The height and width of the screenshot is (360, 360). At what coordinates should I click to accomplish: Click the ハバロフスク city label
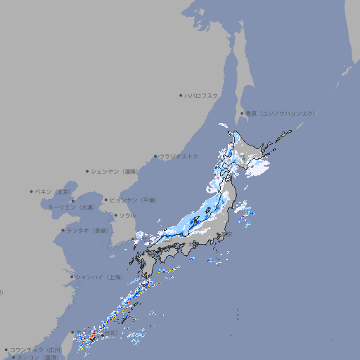[202, 95]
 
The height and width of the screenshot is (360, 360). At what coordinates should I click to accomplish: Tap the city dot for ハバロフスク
[181, 95]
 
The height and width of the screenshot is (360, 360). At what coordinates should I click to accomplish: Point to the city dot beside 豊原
[242, 113]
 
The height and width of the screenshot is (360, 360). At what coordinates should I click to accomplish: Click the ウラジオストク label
[179, 156]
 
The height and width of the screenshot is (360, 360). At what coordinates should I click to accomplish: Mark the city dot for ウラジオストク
[155, 156]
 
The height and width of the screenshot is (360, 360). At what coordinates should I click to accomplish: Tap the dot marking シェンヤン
[88, 171]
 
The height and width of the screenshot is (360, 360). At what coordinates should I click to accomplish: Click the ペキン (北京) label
[54, 191]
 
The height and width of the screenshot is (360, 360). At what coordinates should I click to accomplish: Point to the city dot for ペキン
[32, 191]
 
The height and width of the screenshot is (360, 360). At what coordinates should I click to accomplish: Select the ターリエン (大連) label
[71, 207]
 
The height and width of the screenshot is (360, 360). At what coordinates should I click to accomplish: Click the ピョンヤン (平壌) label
[134, 200]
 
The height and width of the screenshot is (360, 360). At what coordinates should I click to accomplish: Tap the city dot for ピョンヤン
[106, 200]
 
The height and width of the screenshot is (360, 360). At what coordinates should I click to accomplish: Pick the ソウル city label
[127, 216]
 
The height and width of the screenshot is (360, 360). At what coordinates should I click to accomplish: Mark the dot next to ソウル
[115, 216]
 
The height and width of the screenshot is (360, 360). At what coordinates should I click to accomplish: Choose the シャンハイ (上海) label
[99, 277]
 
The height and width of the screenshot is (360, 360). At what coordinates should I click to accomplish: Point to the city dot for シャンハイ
[72, 277]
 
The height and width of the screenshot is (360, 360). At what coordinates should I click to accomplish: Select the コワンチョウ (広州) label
[36, 349]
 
